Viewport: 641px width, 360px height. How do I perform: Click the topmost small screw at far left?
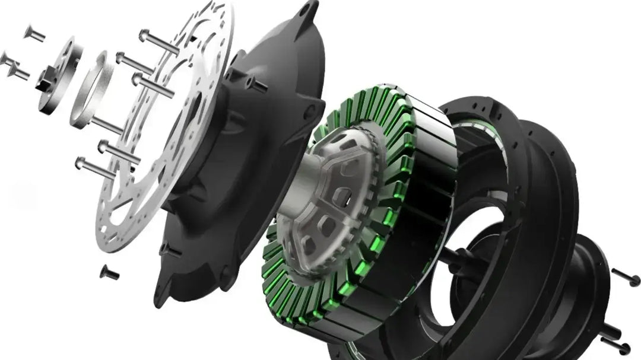[x=34, y=33]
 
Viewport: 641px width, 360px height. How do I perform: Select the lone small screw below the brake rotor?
[x=109, y=272]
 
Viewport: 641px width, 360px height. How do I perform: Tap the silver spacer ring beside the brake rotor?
[x=93, y=89]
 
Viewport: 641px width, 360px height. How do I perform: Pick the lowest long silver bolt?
[x=95, y=167]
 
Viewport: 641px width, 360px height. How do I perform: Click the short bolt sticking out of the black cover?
[x=257, y=84]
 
